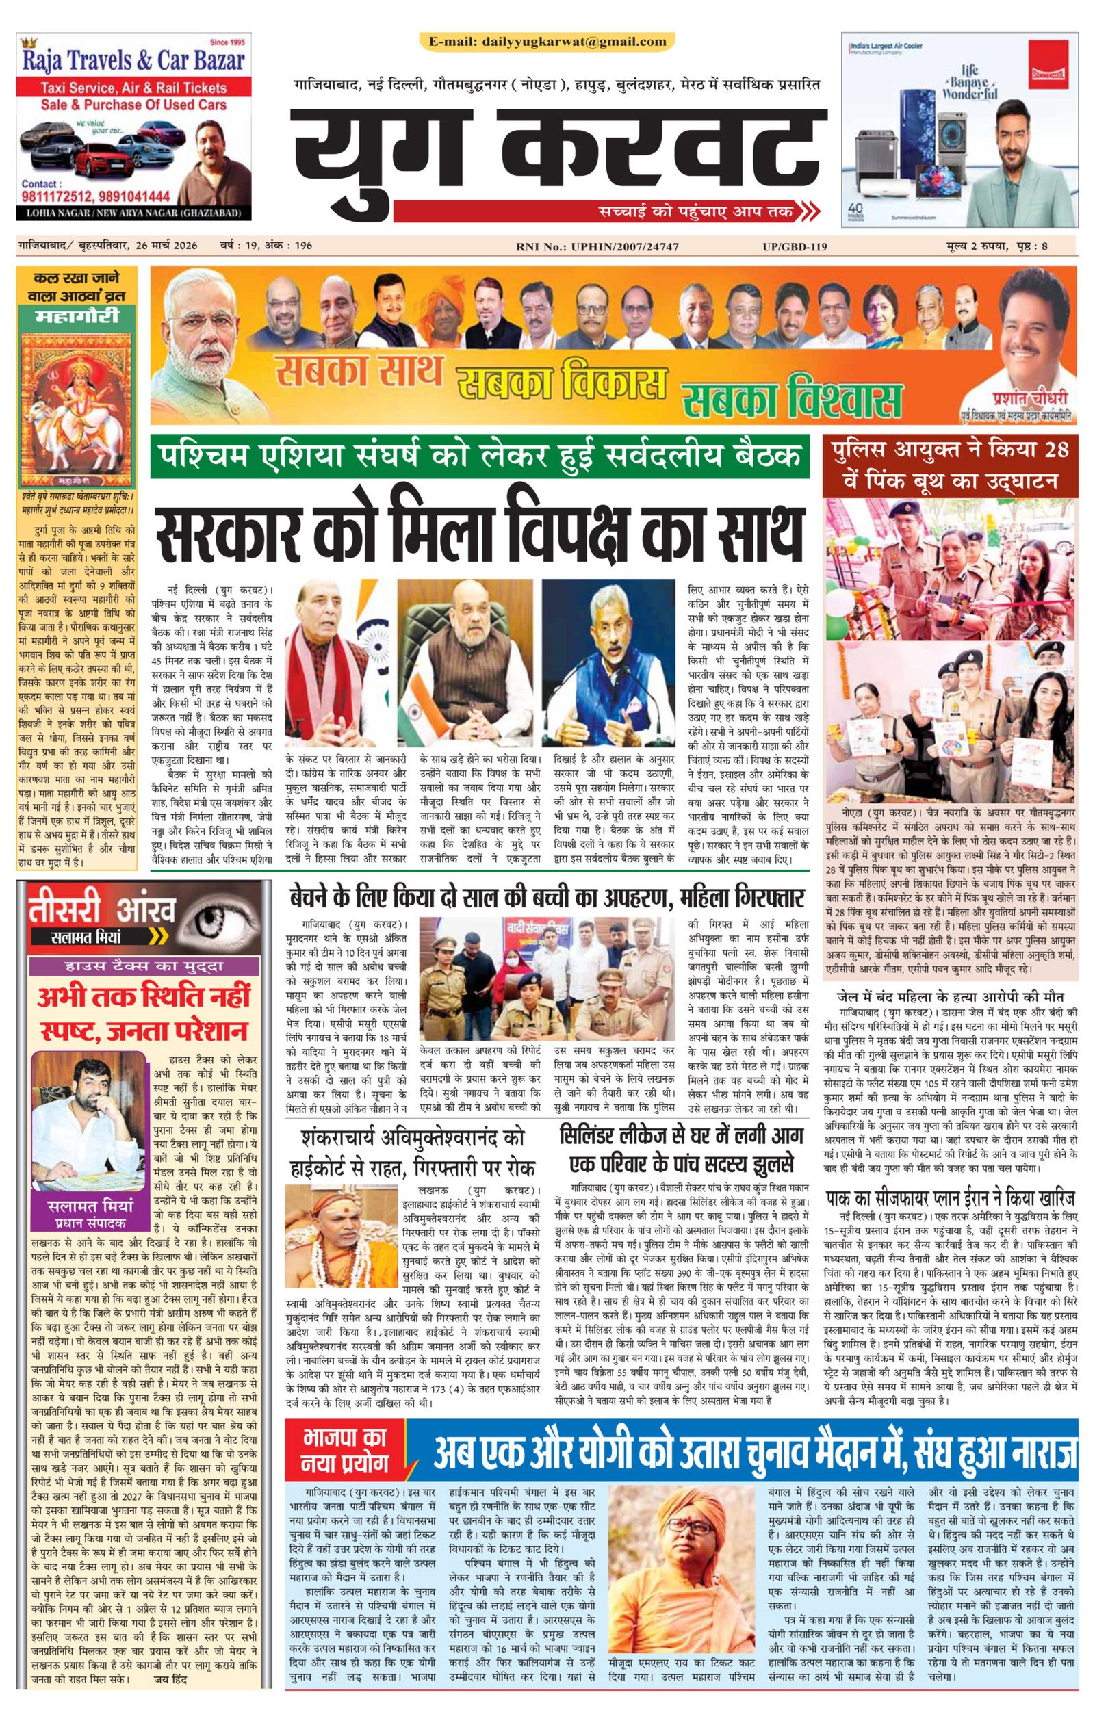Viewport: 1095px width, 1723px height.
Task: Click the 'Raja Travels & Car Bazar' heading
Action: (x=134, y=62)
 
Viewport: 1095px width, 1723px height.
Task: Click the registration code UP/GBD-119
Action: (x=795, y=248)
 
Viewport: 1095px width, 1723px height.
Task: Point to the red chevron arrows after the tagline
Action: (x=809, y=212)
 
